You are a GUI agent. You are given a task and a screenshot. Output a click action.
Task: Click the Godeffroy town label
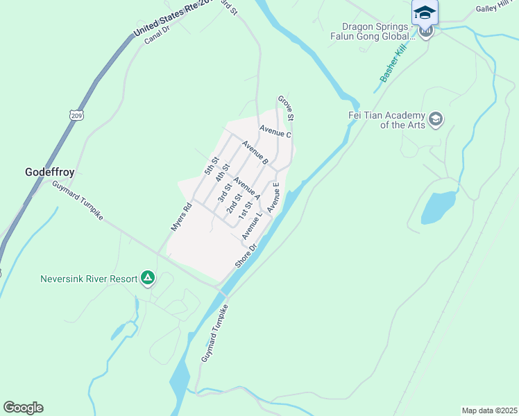(x=49, y=171)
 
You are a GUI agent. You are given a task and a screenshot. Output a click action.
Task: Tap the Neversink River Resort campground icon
(x=147, y=278)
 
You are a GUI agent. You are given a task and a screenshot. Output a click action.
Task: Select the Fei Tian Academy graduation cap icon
(x=436, y=119)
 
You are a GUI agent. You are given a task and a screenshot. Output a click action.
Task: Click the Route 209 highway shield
(x=76, y=114)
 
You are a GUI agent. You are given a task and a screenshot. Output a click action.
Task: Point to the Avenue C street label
(x=275, y=131)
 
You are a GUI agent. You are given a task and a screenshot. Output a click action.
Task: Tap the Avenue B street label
(x=255, y=153)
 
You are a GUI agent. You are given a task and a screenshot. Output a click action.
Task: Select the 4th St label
(x=222, y=173)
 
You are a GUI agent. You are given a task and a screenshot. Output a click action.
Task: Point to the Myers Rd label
(x=180, y=216)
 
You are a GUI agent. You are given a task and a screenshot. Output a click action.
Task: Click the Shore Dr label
(x=246, y=256)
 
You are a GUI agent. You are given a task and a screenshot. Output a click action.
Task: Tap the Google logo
(x=23, y=407)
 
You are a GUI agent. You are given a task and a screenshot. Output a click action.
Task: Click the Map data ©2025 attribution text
(x=489, y=410)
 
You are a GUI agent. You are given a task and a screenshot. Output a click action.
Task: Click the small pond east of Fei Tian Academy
(x=438, y=207)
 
